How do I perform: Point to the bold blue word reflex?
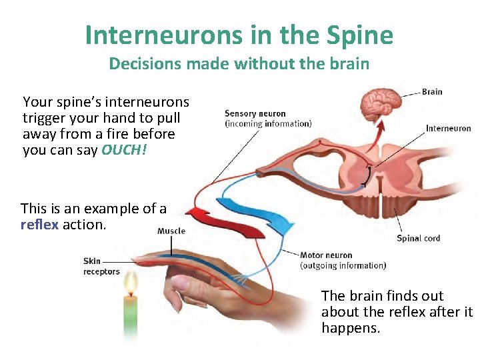pos(40,225)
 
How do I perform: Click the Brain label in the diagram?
pos(432,92)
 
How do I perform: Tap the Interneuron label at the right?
pos(448,128)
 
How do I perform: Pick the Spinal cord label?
pos(418,238)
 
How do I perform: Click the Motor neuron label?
pos(326,255)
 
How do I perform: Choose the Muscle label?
pos(171,231)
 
